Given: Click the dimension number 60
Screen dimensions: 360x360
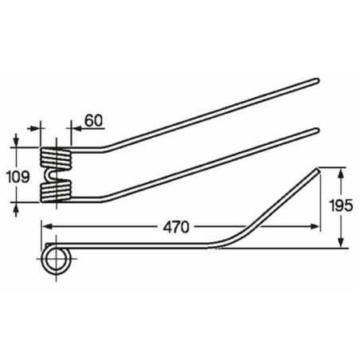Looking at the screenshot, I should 92,120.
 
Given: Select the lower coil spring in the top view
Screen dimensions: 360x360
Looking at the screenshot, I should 56,190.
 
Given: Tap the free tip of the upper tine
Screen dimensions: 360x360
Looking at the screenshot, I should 318,79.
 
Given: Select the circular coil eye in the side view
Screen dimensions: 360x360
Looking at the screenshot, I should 57,260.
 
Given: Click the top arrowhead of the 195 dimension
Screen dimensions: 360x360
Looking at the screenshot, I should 342,171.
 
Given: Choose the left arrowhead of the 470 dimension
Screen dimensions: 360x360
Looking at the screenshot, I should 46,226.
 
